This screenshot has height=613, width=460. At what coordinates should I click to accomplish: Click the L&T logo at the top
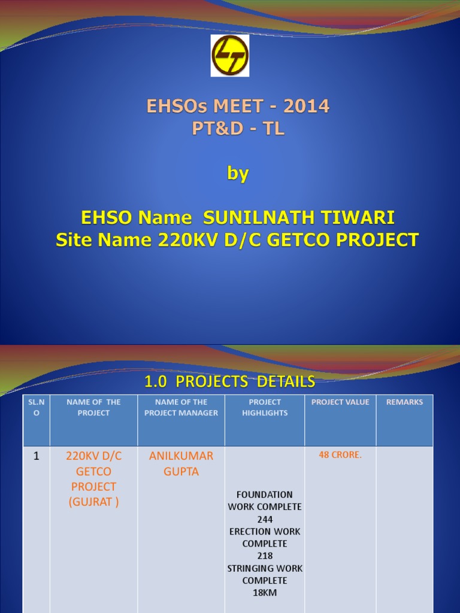pos(230,55)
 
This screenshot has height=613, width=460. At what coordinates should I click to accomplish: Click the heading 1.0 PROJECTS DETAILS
pos(230,381)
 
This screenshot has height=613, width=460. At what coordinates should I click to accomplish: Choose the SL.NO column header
pos(37,408)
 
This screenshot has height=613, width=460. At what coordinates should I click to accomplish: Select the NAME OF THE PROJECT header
pos(93,408)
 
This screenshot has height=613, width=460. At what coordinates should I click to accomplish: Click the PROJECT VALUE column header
pos(340,402)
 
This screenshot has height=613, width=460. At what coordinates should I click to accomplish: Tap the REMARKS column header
pos(404,402)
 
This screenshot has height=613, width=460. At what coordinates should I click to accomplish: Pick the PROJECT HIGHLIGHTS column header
pos(265,408)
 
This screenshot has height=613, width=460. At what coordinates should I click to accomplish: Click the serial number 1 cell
pos(37,456)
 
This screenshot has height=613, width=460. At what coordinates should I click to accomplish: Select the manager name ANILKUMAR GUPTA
pos(181,464)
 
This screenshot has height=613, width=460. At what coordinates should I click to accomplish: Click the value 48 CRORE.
pos(340,455)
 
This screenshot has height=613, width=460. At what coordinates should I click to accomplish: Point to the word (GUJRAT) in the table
pos(93,502)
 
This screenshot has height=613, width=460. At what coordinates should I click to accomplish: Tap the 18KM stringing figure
pos(265,593)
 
